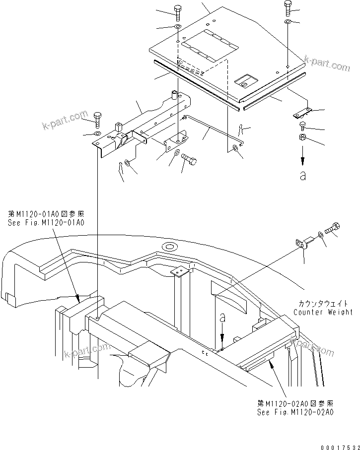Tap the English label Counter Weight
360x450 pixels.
[x=323, y=312]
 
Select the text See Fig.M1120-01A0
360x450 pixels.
[x=46, y=223]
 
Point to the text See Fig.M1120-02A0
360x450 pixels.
[x=295, y=412]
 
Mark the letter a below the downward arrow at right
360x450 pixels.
[x=302, y=176]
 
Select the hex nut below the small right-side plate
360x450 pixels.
[x=302, y=137]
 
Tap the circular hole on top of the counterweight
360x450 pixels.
[x=169, y=246]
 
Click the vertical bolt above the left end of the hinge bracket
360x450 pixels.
[x=97, y=119]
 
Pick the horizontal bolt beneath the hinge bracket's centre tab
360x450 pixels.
[x=189, y=159]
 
